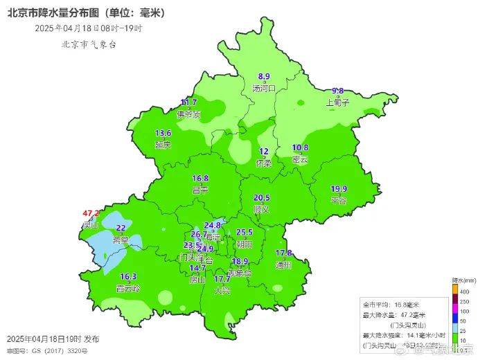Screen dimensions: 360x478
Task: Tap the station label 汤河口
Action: coord(264,88)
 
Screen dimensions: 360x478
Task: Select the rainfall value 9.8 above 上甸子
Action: coord(338,91)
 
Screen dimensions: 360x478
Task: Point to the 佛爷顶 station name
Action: coord(188,114)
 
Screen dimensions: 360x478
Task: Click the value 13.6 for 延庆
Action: coord(163,133)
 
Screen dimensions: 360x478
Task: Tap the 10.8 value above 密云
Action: coord(300,147)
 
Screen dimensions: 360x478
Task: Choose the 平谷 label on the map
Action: coord(339,200)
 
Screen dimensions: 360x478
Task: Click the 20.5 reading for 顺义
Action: coord(262,197)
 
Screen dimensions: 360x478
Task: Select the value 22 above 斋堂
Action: coord(121,228)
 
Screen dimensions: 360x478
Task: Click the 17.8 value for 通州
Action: coord(283,253)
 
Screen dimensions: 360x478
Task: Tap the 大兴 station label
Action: coord(222,290)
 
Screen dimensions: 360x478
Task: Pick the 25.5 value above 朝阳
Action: coord(245,233)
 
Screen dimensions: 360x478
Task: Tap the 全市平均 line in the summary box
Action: coord(394,304)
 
